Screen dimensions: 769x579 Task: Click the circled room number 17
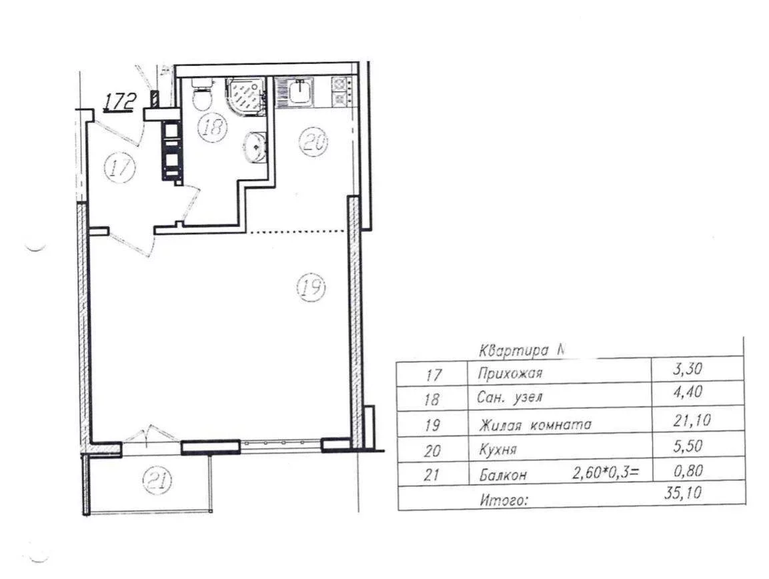coord(119,168)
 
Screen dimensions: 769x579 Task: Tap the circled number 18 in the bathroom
coord(212,127)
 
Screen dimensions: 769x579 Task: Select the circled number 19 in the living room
coord(311,287)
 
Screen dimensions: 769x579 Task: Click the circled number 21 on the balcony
coord(157,480)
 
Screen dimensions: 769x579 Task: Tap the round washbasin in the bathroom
coord(254,146)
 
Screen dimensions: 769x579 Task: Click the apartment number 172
coord(119,102)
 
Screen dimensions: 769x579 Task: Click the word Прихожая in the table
coord(510,374)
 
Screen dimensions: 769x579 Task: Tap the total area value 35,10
coord(683,492)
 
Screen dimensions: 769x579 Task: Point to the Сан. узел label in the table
coord(510,398)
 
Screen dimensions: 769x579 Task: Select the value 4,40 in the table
coord(688,392)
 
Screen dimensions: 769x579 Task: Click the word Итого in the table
coord(505,500)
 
